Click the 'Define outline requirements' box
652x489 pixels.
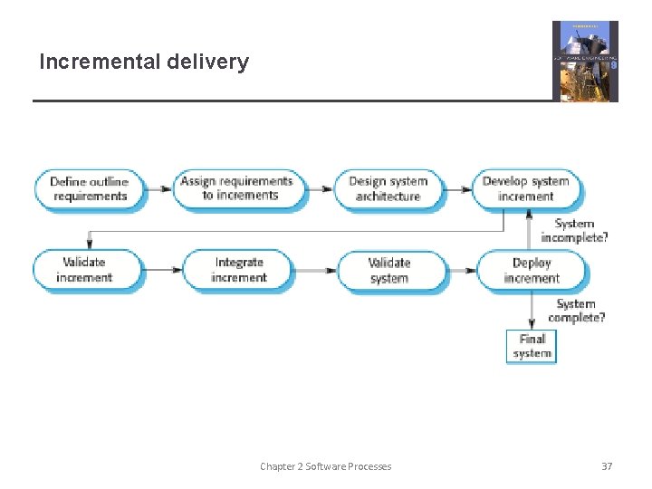point(90,189)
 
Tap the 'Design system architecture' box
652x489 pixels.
point(388,189)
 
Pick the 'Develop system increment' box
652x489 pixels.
point(526,188)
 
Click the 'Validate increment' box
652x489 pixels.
point(88,270)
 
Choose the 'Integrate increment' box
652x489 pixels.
point(238,270)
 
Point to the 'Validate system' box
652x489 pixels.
point(390,271)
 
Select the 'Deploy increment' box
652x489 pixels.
point(532,271)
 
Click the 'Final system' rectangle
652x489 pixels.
point(532,346)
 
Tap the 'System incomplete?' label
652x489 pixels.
point(574,231)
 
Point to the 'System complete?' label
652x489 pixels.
point(576,311)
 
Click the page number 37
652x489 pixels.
point(607,466)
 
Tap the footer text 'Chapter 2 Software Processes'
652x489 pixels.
point(326,466)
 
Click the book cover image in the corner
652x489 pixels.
point(585,61)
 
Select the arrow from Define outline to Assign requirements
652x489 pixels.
point(159,189)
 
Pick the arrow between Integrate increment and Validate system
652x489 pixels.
point(315,270)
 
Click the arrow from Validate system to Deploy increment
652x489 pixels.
point(463,271)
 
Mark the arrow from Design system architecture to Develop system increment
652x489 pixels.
point(459,189)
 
